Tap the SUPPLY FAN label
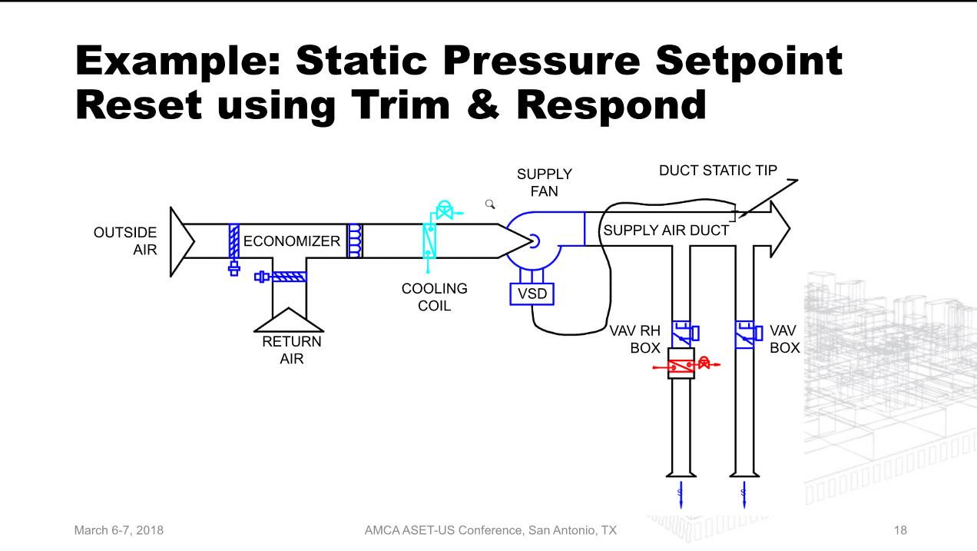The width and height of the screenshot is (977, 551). click(x=544, y=182)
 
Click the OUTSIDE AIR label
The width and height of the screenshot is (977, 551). click(x=125, y=241)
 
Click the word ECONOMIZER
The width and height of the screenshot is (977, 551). click(x=291, y=241)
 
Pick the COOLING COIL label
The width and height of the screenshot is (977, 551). click(x=435, y=297)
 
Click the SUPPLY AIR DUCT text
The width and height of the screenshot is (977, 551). click(x=665, y=230)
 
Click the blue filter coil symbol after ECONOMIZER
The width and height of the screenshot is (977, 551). click(x=355, y=241)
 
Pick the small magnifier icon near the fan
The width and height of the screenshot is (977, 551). click(x=489, y=204)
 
